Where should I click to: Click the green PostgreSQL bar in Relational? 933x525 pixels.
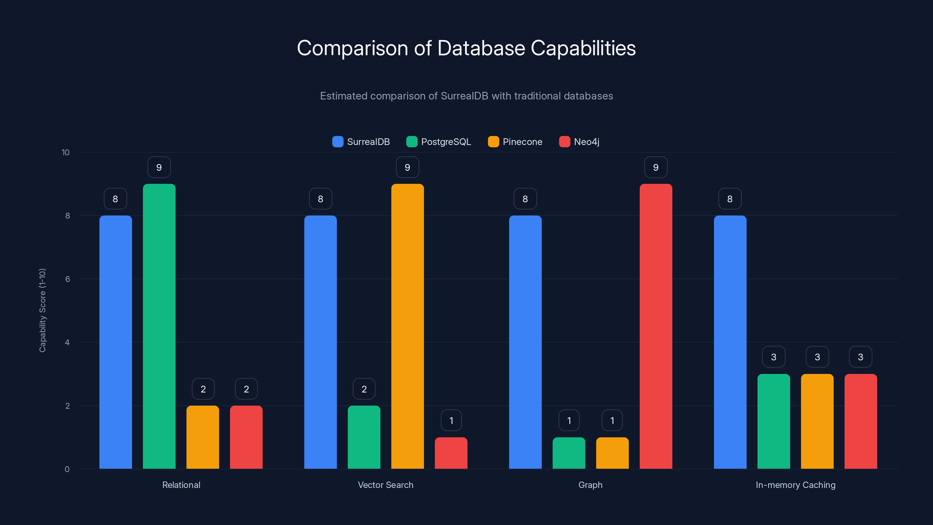pyautogui.click(x=159, y=326)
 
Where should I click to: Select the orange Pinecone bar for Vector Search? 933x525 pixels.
pyautogui.click(x=408, y=326)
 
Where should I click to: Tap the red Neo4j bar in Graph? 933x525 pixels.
pyautogui.click(x=655, y=326)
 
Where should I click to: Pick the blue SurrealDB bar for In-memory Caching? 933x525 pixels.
pyautogui.click(x=730, y=342)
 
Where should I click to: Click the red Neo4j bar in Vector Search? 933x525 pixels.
pyautogui.click(x=451, y=453)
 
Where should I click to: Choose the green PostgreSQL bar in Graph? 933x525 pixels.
pyautogui.click(x=569, y=453)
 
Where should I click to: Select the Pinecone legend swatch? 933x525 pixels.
pyautogui.click(x=493, y=142)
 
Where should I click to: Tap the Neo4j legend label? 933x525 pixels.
pyautogui.click(x=586, y=142)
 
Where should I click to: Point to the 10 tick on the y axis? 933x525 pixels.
pyautogui.click(x=66, y=152)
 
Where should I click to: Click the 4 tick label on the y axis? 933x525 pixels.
pyautogui.click(x=67, y=342)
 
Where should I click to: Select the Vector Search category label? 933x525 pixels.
pyautogui.click(x=385, y=485)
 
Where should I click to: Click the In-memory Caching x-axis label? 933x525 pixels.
pyautogui.click(x=795, y=485)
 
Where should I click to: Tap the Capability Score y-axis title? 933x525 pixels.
pyautogui.click(x=42, y=310)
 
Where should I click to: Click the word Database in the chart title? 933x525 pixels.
pyautogui.click(x=481, y=48)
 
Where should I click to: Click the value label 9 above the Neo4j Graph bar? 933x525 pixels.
pyautogui.click(x=655, y=167)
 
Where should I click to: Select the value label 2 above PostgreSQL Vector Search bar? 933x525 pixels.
pyautogui.click(x=364, y=389)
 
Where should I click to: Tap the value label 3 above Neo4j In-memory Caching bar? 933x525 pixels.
pyautogui.click(x=861, y=357)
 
